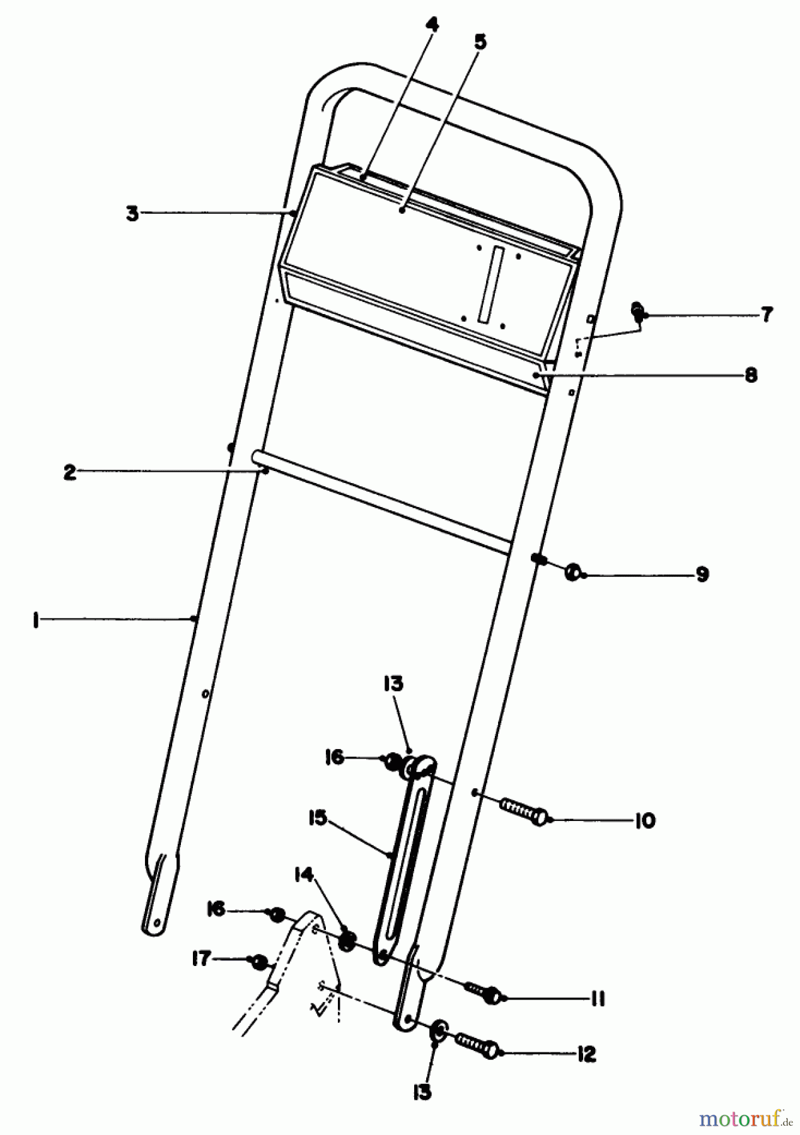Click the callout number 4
click(432, 27)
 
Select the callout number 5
click(480, 42)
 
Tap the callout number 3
click(132, 214)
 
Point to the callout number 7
click(766, 314)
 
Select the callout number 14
click(303, 875)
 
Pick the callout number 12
click(586, 1054)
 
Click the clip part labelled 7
click(638, 311)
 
